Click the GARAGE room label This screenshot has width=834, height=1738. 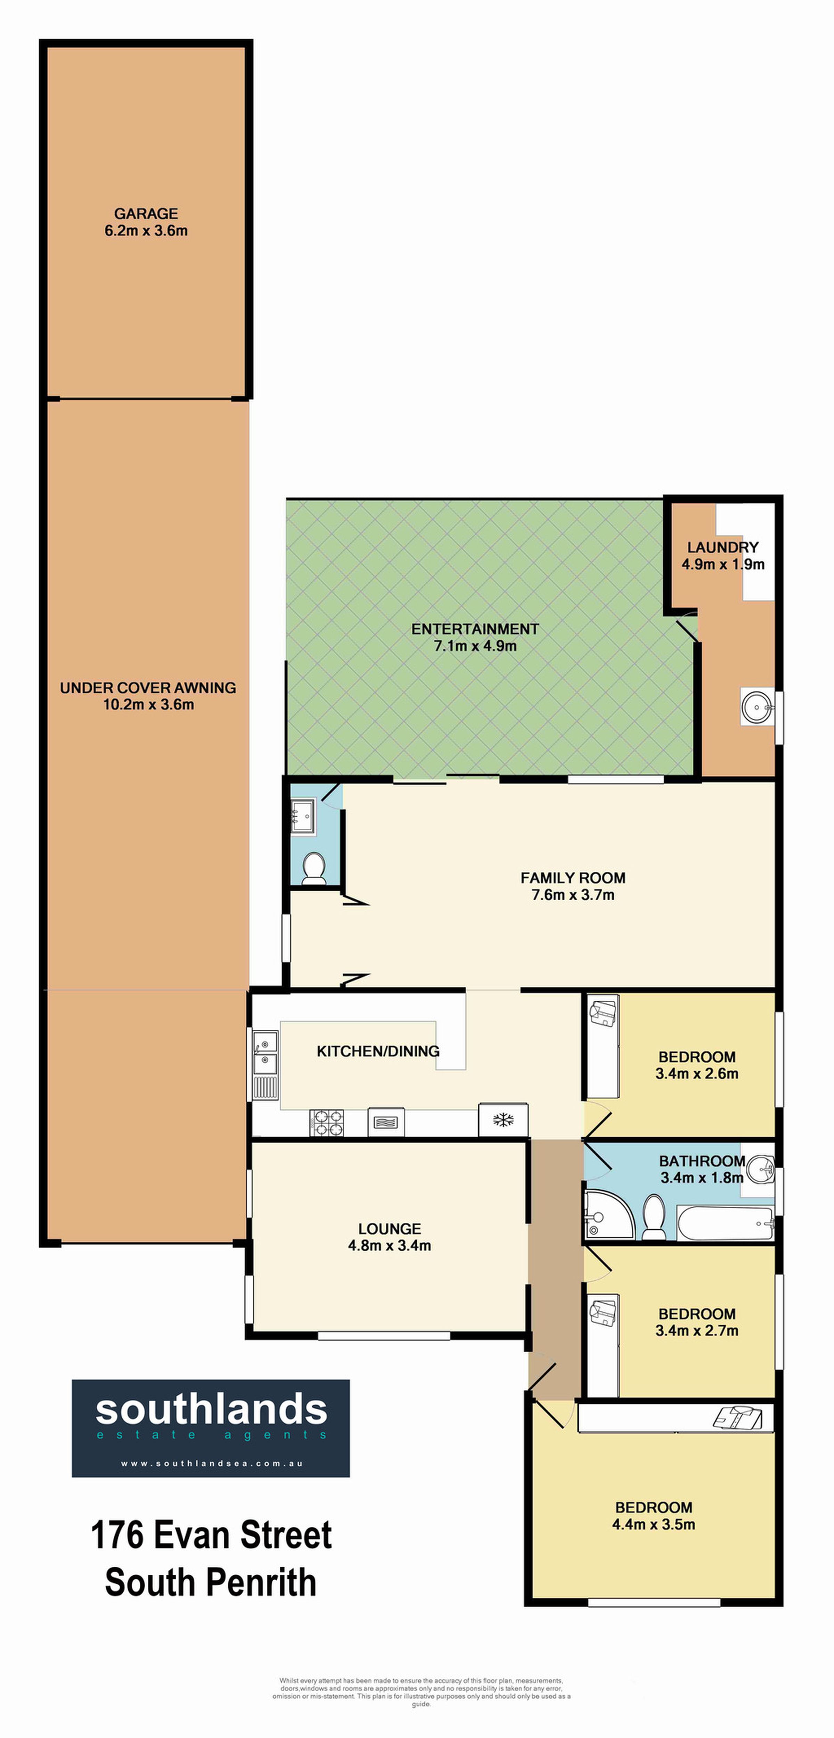[x=146, y=214]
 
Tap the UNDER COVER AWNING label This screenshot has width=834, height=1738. [x=148, y=688]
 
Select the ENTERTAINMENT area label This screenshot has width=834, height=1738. [x=475, y=629]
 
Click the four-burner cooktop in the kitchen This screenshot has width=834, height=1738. [x=327, y=1123]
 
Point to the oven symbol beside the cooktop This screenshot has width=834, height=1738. [x=386, y=1123]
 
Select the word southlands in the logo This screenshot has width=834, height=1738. [x=211, y=1409]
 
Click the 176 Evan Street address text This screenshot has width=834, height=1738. [x=211, y=1535]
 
